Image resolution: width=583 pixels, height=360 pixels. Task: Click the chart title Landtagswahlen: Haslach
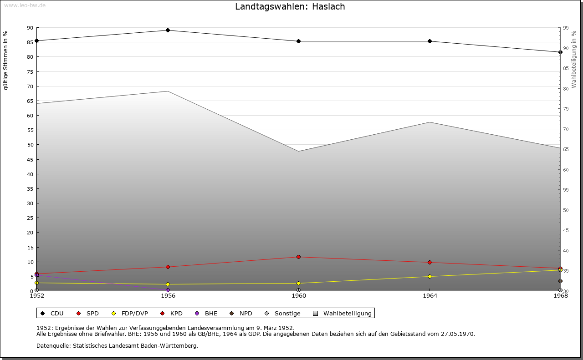click(290, 7)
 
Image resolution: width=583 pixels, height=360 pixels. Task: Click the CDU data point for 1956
click(168, 30)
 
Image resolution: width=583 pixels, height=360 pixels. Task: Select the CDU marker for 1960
click(298, 41)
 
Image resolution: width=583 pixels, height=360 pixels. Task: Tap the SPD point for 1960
click(298, 257)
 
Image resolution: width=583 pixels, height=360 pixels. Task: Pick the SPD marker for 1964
click(430, 263)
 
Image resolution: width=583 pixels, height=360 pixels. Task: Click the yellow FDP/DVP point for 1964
click(430, 277)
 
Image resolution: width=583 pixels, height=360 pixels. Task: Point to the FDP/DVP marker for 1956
click(168, 284)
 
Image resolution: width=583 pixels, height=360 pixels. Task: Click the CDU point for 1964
click(430, 41)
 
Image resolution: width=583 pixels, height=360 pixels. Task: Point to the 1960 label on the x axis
click(298, 296)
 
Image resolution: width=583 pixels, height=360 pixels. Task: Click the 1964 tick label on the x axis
click(430, 296)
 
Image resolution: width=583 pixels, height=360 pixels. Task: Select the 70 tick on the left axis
click(30, 86)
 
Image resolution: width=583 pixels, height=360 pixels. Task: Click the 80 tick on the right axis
click(565, 89)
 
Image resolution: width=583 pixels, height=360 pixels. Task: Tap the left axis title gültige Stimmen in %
click(6, 61)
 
